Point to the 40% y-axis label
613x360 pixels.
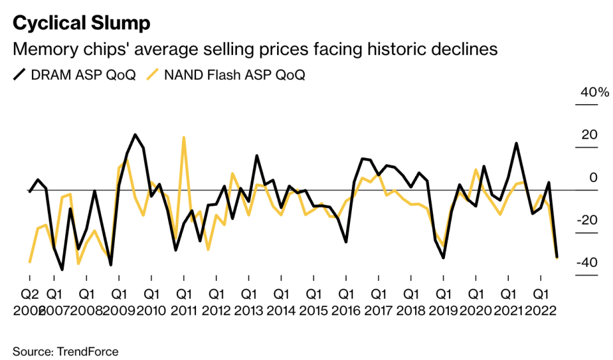(594, 93)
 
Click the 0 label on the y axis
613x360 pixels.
(593, 178)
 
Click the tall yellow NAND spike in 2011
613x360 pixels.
(183, 137)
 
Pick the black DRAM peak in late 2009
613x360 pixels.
(135, 135)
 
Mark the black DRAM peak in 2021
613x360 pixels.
(516, 144)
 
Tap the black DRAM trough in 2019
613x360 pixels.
(443, 258)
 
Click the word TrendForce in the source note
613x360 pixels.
(88, 352)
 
